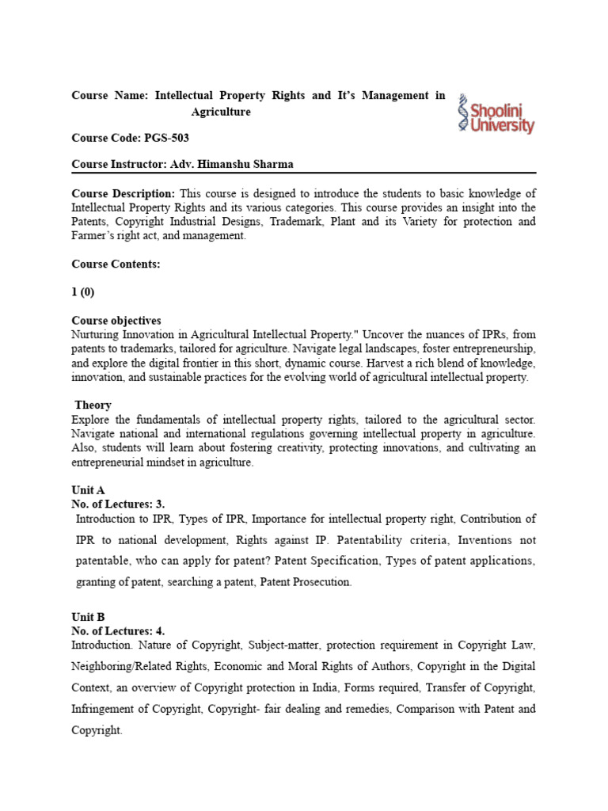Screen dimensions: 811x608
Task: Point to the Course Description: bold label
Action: point(123,193)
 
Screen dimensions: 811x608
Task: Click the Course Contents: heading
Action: point(116,264)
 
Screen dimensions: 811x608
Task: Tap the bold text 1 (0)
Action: point(83,292)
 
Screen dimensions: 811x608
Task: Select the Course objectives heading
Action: point(116,321)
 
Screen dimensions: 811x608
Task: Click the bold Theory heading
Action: point(93,405)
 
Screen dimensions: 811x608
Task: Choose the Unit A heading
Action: point(88,490)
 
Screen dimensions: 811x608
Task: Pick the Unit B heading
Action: point(88,617)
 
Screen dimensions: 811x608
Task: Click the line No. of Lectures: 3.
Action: point(118,503)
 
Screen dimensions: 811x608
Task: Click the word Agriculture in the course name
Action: point(221,112)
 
